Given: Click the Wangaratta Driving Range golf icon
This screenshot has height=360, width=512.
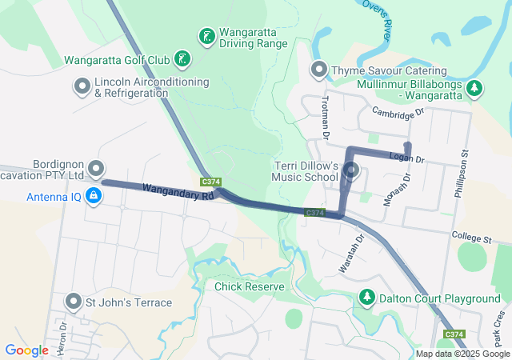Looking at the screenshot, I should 206,36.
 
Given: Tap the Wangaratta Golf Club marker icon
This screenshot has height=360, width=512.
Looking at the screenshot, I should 183,58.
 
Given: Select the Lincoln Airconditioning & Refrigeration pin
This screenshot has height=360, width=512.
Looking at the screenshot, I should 82,86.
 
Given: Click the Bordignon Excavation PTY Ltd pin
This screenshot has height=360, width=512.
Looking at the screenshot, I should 96,168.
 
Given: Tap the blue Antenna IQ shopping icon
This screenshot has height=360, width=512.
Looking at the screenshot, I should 94,195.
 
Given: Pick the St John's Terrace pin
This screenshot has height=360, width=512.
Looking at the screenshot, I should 74,302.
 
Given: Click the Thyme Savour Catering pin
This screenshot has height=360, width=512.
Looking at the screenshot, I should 319,70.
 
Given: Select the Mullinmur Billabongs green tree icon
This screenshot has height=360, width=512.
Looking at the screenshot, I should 474,87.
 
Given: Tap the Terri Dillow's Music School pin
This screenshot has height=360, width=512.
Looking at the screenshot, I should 353,170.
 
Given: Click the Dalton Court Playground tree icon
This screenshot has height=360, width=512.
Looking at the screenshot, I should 367,298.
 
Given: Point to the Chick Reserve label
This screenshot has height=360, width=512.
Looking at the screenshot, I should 249,286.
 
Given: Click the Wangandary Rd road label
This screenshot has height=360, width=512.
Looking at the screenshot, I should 179,192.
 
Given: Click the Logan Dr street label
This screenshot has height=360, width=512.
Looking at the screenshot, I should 407,158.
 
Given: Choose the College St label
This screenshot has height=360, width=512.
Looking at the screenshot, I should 470,238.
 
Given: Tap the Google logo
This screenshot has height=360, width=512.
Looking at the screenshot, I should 27,350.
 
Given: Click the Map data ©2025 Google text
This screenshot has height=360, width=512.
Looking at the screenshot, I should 462,354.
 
